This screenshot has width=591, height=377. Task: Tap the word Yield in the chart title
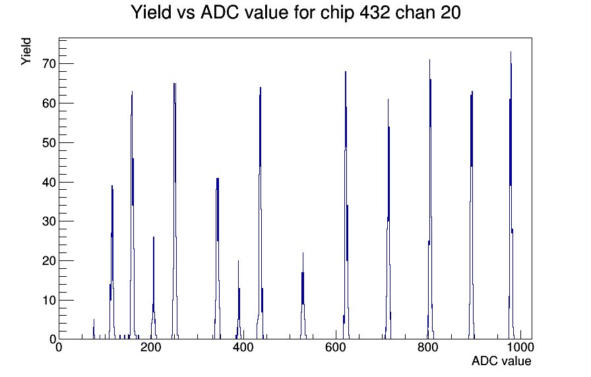click(152, 13)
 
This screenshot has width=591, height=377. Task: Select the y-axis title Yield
click(26, 51)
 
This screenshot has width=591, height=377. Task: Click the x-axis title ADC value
click(501, 361)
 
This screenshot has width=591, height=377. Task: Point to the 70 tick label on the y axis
click(49, 64)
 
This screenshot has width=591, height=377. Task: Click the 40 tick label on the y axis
click(49, 183)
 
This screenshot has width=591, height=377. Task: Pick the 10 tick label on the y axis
click(49, 300)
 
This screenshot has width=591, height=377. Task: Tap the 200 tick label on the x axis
click(151, 347)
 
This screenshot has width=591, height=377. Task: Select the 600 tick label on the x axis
click(336, 347)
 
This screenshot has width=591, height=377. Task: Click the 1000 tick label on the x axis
click(520, 347)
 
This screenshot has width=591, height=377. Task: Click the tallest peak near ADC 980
click(511, 52)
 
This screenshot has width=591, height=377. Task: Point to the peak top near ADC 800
click(429, 60)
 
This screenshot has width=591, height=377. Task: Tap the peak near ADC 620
click(345, 72)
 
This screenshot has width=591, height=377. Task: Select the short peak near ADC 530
click(303, 253)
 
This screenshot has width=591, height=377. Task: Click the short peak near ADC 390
click(238, 261)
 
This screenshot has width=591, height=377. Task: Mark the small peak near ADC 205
click(154, 237)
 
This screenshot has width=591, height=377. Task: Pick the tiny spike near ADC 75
click(94, 320)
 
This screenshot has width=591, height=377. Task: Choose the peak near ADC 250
click(175, 84)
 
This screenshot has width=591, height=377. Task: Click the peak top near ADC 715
click(388, 100)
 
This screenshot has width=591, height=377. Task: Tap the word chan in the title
click(415, 13)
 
